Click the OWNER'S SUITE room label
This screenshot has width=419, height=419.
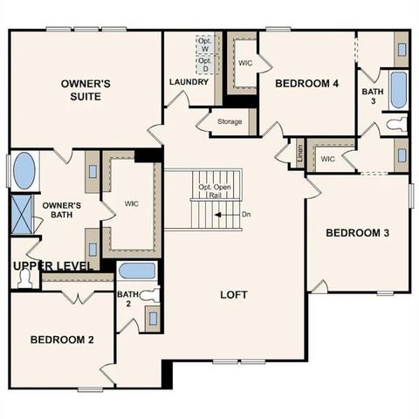pos(86,89)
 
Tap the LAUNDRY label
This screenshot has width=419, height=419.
pos(189,82)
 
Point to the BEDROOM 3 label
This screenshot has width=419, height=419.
pos(357,233)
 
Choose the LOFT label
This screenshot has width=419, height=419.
pos(233,295)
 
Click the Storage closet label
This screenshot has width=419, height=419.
pos(230,122)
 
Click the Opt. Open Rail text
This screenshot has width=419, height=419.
pos(215,191)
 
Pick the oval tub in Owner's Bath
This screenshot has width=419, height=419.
pos(24,170)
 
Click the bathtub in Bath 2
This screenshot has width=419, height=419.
pos(137,271)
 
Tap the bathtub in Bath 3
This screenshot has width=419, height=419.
pos(398,90)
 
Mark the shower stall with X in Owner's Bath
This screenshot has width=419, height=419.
pos(22,212)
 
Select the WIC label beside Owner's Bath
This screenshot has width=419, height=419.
pos(132,204)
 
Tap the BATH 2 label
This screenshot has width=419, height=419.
pos(129,299)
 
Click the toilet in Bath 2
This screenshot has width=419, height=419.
pos(150,296)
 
